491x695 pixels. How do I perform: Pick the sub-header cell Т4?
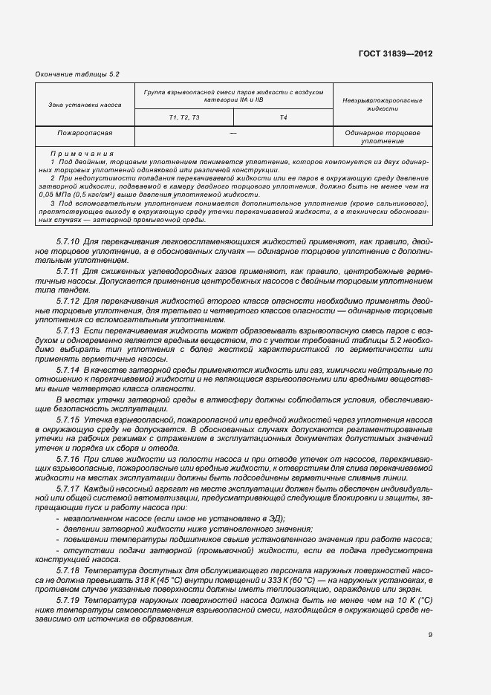coord(283,117)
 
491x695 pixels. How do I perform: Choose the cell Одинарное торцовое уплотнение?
coord(383,137)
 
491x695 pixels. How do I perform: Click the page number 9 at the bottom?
coord(430,634)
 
